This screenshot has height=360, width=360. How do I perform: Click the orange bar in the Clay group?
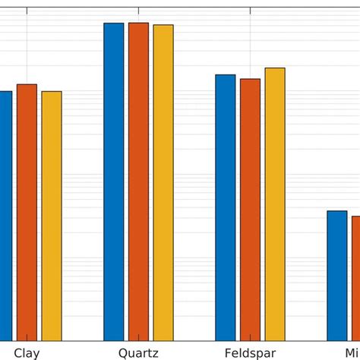pos(27,212)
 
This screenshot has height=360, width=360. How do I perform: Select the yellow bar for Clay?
pos(52,216)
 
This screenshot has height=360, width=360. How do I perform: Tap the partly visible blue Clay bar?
pos(5,216)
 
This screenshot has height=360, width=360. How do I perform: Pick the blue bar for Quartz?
pos(114,182)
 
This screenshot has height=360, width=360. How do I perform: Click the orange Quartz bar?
pos(138,182)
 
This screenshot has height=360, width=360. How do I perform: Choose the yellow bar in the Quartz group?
pos(163,182)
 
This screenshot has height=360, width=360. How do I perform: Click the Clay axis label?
pos(27,353)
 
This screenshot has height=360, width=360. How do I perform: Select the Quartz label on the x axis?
pos(138,353)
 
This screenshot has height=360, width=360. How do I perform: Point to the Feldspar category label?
pos(250,353)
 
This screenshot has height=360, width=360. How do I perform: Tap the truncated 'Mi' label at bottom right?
pos(352,353)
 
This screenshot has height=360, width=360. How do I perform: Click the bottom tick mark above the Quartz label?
pos(139,338)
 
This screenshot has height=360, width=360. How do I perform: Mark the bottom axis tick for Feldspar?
pos(250,338)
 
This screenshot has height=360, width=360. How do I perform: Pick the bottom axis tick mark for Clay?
pos(27,338)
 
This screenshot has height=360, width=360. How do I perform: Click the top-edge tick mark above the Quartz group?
pos(139,9)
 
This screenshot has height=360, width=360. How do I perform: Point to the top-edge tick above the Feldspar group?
pos(250,9)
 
